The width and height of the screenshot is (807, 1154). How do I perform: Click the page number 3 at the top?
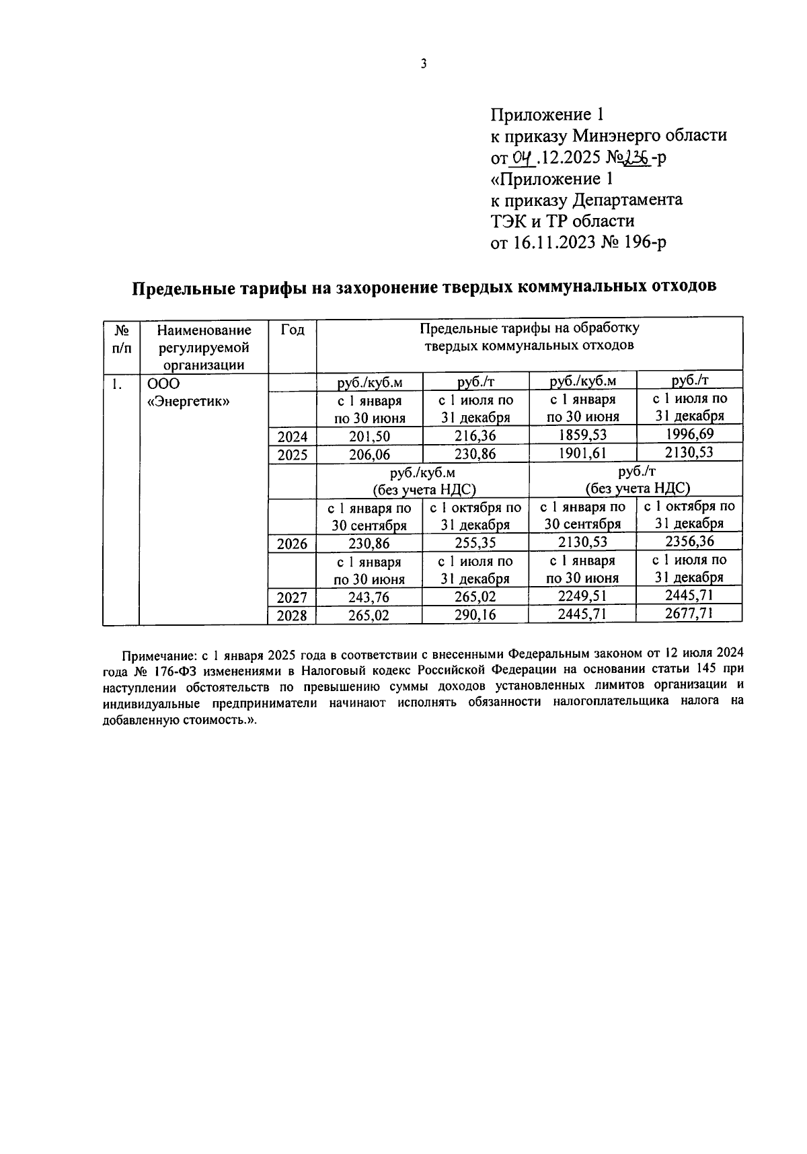click(423, 64)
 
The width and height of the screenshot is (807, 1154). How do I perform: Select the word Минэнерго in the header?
click(615, 135)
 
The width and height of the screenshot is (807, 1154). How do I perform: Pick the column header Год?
click(293, 330)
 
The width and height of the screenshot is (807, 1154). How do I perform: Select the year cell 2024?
click(292, 437)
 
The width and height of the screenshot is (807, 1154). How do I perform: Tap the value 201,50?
click(369, 437)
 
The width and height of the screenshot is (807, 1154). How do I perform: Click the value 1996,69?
click(689, 434)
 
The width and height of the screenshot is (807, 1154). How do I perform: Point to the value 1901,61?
click(582, 454)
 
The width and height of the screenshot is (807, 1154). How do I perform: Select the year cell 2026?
click(292, 544)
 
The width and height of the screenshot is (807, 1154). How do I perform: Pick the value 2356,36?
click(689, 541)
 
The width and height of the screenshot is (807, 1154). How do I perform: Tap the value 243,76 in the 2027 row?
click(369, 597)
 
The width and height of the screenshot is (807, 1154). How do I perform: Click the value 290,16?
click(475, 614)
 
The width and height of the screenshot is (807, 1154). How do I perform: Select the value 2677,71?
click(689, 612)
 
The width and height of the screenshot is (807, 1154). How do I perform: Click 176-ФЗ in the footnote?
click(177, 671)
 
